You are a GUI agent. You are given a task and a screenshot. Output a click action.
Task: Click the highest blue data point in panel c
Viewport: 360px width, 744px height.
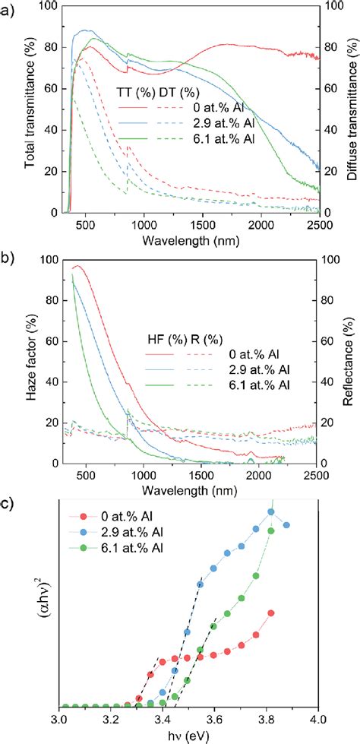pos(270,511)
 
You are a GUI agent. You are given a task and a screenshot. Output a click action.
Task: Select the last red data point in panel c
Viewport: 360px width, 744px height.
pos(270,613)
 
